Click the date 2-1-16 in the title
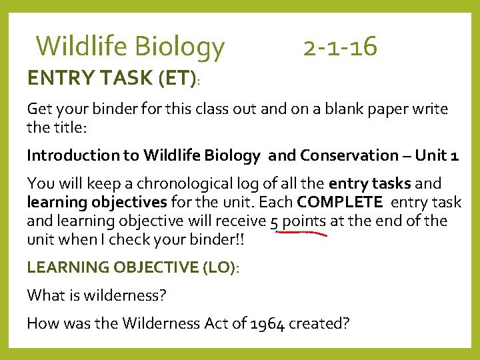(340, 47)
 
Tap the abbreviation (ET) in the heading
(176, 79)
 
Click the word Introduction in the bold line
(71, 155)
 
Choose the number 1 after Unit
(455, 155)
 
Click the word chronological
(176, 183)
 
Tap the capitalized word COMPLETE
(340, 202)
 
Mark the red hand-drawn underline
(298, 233)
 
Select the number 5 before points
(275, 221)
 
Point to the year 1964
(267, 323)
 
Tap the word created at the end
(319, 323)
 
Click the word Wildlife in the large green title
(82, 47)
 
